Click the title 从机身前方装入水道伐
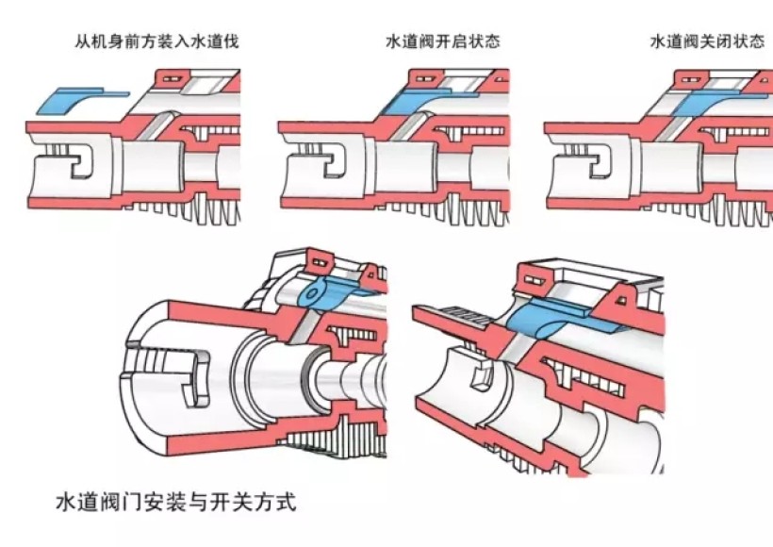tap(157, 41)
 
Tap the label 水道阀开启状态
tap(442, 41)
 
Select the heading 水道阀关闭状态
tap(707, 42)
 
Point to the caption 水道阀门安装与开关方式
tap(175, 501)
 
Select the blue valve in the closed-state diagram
tap(716, 99)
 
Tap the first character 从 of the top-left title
tap(83, 41)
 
